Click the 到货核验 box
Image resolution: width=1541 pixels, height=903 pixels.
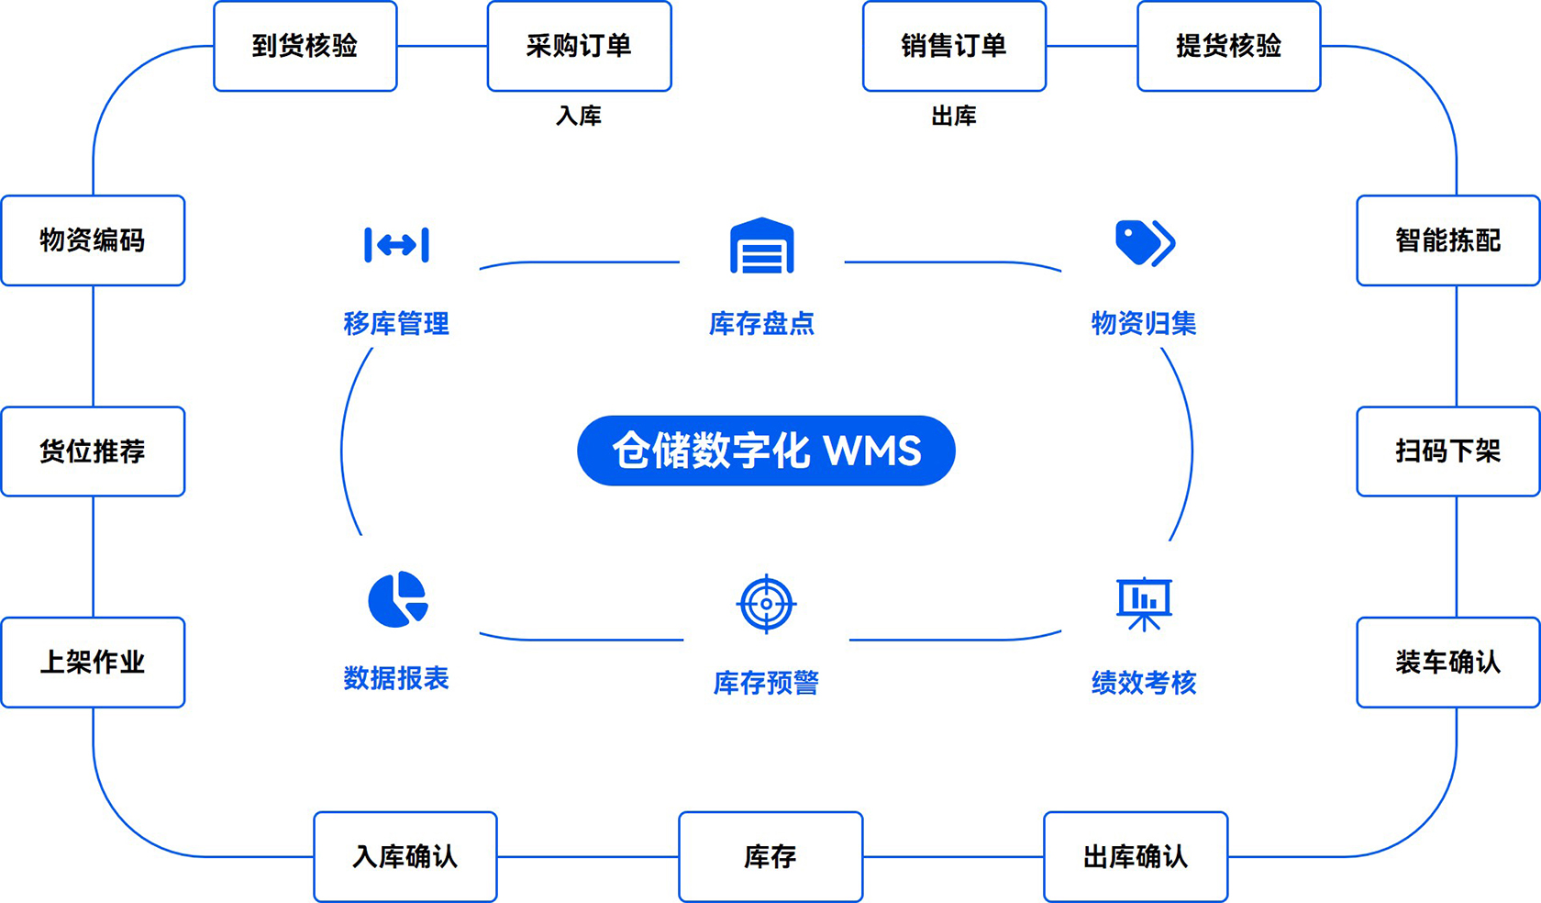click(x=305, y=46)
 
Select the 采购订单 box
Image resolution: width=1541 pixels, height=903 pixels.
click(x=579, y=46)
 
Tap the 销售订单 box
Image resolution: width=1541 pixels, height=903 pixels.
click(x=954, y=46)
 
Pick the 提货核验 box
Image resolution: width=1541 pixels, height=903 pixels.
click(x=1228, y=46)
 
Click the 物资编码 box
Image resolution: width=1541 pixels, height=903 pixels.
click(x=93, y=240)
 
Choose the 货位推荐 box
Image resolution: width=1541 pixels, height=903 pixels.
click(x=93, y=451)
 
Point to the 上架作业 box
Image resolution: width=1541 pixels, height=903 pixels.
click(x=93, y=663)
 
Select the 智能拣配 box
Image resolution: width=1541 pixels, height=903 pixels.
click(x=1447, y=240)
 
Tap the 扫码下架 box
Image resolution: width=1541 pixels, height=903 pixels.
click(x=1447, y=451)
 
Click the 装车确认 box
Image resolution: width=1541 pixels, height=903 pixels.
click(x=1447, y=663)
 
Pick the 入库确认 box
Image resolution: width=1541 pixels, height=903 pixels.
click(x=405, y=857)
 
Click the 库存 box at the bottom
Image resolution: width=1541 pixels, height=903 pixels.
click(x=770, y=857)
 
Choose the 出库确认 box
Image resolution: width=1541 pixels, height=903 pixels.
click(x=1136, y=857)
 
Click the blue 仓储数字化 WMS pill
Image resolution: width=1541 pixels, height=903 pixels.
click(x=766, y=451)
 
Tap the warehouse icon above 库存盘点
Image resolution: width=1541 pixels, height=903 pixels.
click(x=761, y=246)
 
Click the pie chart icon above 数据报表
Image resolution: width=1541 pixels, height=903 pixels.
click(x=397, y=600)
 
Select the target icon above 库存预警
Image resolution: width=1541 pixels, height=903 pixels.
click(x=766, y=604)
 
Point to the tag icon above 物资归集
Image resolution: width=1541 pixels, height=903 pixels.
click(x=1144, y=243)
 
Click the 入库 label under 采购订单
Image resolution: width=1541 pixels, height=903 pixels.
click(x=579, y=116)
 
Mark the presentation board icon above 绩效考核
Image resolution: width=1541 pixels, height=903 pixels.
click(x=1144, y=604)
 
